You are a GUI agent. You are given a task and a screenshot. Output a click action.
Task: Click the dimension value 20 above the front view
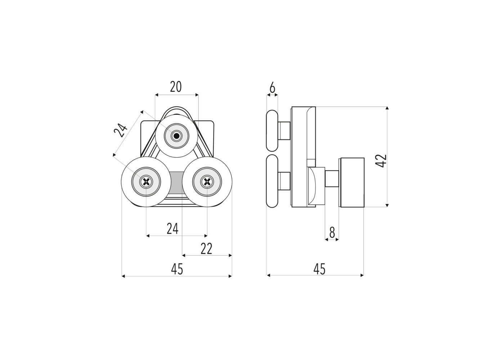point(176,87)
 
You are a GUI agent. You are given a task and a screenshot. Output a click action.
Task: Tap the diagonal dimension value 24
point(120,130)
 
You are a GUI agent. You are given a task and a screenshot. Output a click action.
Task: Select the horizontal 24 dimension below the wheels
point(172,229)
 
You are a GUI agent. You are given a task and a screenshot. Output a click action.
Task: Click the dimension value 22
point(206,249)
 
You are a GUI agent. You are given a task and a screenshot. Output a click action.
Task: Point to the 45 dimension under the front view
point(177,269)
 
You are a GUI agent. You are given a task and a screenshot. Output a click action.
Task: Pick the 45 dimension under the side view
point(320,269)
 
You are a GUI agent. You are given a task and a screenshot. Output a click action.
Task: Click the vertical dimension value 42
point(381,161)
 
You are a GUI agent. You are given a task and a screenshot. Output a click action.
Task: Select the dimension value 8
point(332,233)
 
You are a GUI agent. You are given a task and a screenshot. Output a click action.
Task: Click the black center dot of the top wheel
point(177,136)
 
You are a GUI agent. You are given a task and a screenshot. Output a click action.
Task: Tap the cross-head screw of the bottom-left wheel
point(146,181)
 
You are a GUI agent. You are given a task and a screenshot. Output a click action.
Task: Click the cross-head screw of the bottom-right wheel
point(207,181)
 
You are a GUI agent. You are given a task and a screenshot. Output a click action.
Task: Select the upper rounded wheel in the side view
point(272,131)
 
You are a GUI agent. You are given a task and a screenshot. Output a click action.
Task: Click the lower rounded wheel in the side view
point(272,181)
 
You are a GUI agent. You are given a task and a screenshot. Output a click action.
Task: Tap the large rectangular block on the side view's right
point(352,183)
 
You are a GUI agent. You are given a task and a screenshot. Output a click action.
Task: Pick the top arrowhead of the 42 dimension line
point(387,108)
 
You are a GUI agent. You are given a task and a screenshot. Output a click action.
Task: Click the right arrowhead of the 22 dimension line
point(230,255)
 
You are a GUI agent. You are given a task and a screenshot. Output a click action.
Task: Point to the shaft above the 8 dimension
point(332,179)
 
